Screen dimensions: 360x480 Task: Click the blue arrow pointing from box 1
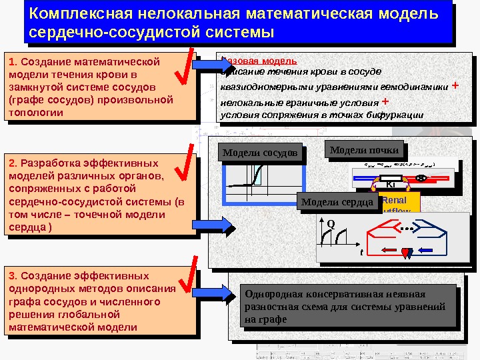(x=213, y=64)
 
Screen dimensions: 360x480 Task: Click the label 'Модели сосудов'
(x=259, y=153)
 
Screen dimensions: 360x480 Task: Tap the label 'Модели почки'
(x=364, y=150)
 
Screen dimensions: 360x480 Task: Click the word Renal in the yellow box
(x=394, y=199)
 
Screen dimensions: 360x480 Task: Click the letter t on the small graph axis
(x=361, y=253)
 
